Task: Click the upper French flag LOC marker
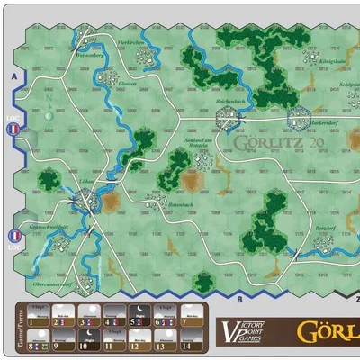[x=13, y=130]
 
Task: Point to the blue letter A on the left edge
[x=13, y=79]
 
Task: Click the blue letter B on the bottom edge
[x=239, y=297]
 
